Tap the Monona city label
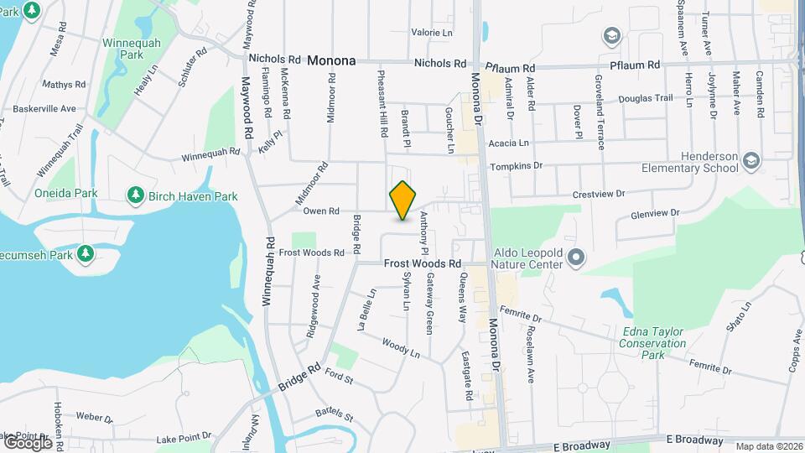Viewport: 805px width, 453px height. pyautogui.click(x=331, y=60)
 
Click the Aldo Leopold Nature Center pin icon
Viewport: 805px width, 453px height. pyautogui.click(x=575, y=257)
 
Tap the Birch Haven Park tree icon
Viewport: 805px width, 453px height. pyautogui.click(x=135, y=196)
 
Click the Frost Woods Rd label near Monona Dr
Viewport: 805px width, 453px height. pyautogui.click(x=423, y=263)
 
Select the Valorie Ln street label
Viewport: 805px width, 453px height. pyautogui.click(x=432, y=33)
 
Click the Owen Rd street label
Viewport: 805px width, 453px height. pyautogui.click(x=321, y=211)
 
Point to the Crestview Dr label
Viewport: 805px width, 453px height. pyautogui.click(x=599, y=194)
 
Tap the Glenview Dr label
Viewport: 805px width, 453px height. pyautogui.click(x=650, y=214)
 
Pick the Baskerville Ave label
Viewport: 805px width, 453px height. pyautogui.click(x=44, y=108)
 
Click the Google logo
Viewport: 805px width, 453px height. pyautogui.click(x=27, y=441)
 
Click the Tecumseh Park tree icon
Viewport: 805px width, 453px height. pyautogui.click(x=85, y=253)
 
